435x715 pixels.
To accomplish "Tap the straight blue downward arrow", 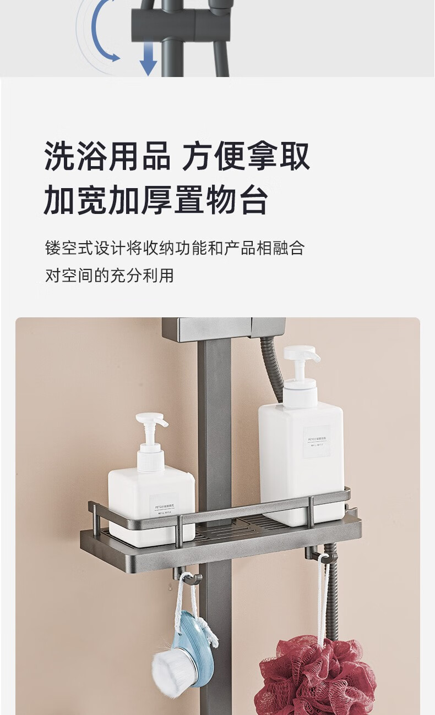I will pyautogui.click(x=148, y=60).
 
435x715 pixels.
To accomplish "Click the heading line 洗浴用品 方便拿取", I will pyautogui.click(x=177, y=157).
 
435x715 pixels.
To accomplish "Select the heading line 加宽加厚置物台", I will pyautogui.click(x=156, y=200).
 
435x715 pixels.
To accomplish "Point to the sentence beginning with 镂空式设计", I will pyautogui.click(x=175, y=248).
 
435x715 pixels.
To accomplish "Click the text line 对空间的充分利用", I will pyautogui.click(x=110, y=275).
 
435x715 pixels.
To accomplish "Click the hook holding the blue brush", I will pyautogui.click(x=188, y=579).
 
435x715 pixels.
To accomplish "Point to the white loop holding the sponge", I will pyautogui.click(x=321, y=594).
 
